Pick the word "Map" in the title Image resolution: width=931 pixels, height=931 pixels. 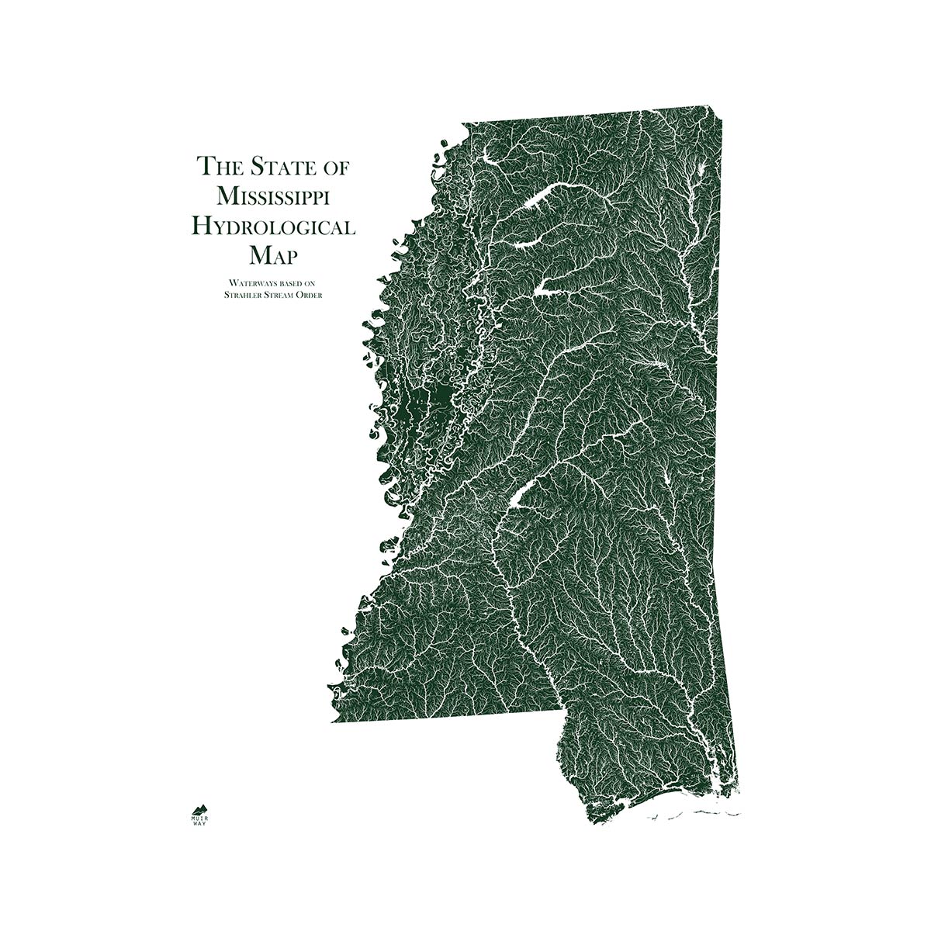275,255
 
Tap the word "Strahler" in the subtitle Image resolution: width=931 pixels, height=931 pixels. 243,295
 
